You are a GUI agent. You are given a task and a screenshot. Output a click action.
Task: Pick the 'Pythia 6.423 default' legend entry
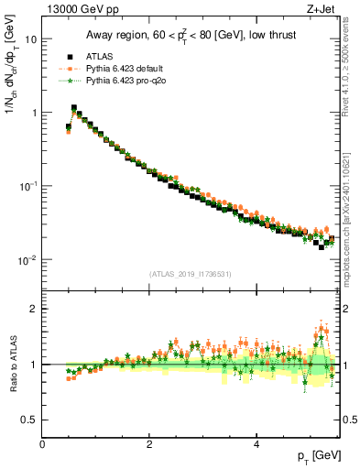[134, 68]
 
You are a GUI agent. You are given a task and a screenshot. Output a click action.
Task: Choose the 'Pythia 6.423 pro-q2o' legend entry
[134, 82]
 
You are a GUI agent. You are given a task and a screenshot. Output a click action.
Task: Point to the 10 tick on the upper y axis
[30, 39]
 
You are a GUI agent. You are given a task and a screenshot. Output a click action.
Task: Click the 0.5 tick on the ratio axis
[30, 420]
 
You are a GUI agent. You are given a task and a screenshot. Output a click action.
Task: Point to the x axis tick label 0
[43, 444]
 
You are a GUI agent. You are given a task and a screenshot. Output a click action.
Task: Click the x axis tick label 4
[256, 444]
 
